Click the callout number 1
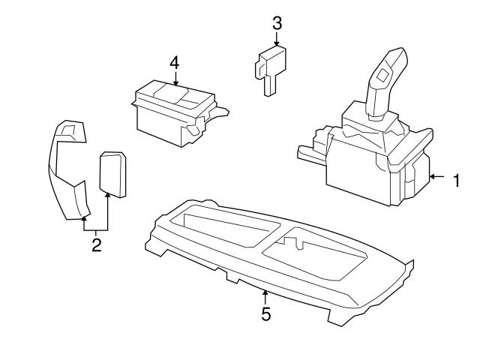pyautogui.click(x=454, y=179)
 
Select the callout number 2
pyautogui.click(x=96, y=244)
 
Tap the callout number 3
pyautogui.click(x=277, y=22)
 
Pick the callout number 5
pyautogui.click(x=265, y=313)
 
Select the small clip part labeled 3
pyautogui.click(x=269, y=67)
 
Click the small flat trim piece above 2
pyautogui.click(x=112, y=172)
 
